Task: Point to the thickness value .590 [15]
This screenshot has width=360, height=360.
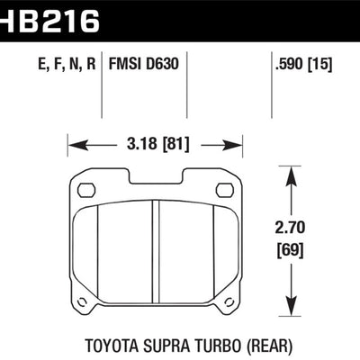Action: click(x=306, y=64)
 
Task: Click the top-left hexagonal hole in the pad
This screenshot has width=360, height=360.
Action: click(x=87, y=190)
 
